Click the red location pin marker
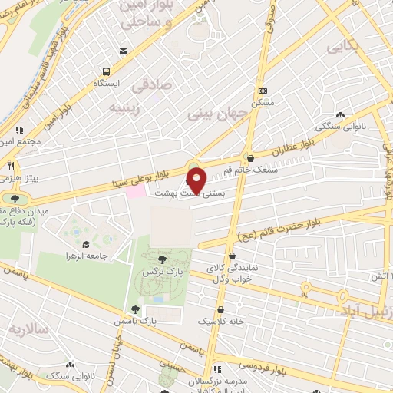click(x=196, y=180)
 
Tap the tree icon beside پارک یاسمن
click(x=136, y=309)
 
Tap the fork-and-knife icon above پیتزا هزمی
click(x=11, y=165)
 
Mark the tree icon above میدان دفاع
click(x=14, y=200)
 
